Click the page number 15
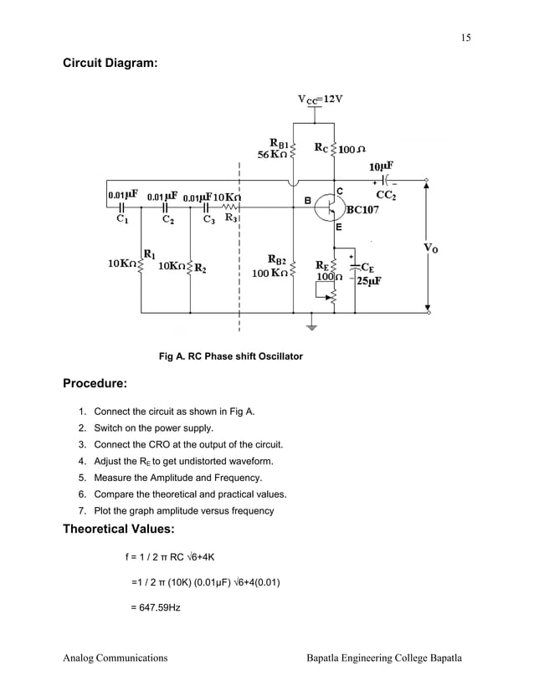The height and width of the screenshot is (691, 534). [465, 37]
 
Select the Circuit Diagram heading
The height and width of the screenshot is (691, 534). [110, 63]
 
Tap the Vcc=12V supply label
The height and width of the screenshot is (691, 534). [320, 99]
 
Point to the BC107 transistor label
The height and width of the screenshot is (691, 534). [362, 210]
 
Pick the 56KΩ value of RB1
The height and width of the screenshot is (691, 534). [272, 155]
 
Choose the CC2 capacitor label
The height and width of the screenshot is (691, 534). [387, 196]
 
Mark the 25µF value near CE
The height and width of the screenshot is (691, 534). [369, 281]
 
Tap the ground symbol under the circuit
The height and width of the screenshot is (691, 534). [311, 325]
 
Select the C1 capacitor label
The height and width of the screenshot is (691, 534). [122, 221]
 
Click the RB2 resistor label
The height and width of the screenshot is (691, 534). [278, 260]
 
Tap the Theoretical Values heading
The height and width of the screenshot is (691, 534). [118, 529]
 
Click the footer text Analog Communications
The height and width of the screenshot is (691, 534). [116, 658]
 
